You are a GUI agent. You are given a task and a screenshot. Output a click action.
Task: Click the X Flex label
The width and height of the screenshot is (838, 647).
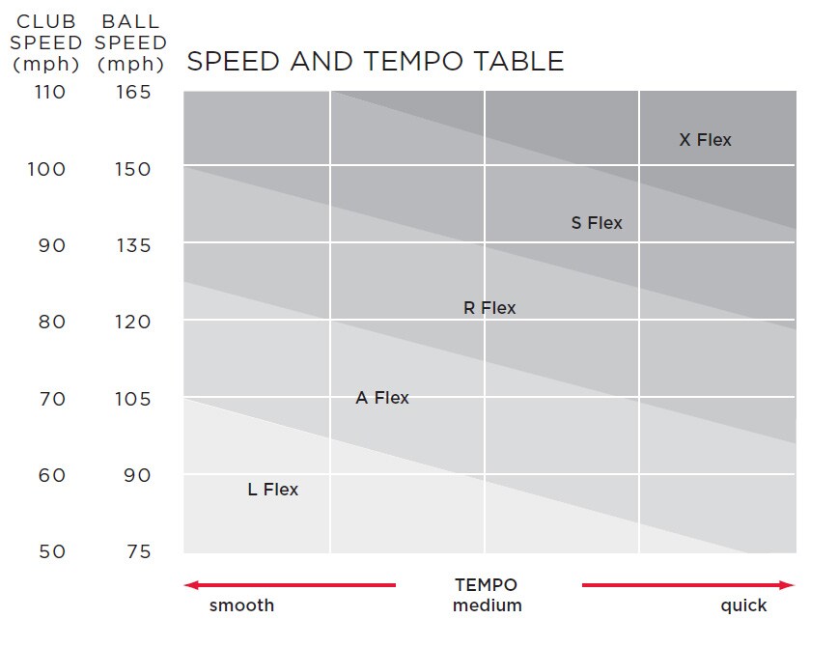[x=705, y=140]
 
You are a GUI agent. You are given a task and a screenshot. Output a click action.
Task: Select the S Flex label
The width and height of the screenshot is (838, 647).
[x=597, y=223]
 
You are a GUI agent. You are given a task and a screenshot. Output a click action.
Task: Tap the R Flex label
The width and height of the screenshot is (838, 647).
[x=489, y=308]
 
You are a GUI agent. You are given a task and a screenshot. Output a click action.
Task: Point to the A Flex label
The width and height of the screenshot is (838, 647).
[x=382, y=398]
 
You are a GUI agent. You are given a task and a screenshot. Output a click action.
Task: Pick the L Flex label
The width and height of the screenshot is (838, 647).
[x=273, y=490]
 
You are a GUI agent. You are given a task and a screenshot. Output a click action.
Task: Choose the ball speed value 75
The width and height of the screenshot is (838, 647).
[x=138, y=551]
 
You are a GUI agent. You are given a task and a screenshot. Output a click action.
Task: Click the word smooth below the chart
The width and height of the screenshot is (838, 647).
[x=242, y=606]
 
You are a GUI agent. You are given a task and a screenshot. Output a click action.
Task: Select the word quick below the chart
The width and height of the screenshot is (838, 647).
[x=743, y=606]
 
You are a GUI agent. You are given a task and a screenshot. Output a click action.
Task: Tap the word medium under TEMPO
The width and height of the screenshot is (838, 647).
[x=487, y=606]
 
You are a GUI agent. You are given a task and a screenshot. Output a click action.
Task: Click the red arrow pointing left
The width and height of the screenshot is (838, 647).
[x=290, y=585]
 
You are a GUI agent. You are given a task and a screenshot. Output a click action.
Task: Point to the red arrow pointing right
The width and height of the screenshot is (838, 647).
[x=687, y=585]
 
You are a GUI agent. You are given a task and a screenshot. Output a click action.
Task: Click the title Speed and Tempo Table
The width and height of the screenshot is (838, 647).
[x=375, y=62]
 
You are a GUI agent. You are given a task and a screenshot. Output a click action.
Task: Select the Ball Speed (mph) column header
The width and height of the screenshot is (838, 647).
[x=131, y=43]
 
